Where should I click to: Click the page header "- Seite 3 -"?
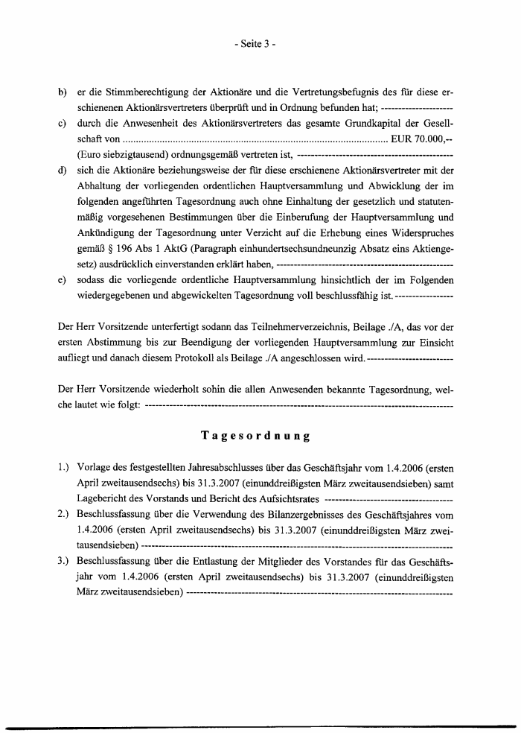(255, 44)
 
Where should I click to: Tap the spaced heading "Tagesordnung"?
(255, 434)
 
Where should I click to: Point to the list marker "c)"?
(63, 124)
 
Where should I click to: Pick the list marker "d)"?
(63, 171)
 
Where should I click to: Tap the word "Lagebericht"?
(102, 500)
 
